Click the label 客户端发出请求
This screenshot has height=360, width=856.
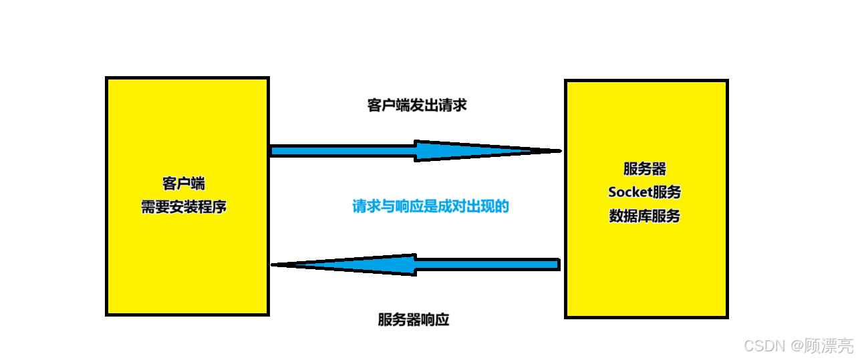coord(416,105)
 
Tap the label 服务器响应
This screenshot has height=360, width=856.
coord(413,319)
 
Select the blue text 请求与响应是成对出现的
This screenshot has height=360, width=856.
coord(430,206)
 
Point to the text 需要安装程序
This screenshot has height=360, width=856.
coord(183,206)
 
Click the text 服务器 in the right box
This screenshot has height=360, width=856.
coord(644,168)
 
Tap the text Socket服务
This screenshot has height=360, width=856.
coord(644,192)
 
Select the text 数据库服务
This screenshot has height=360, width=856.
coord(644,216)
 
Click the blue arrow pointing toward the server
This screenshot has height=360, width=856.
coord(414,151)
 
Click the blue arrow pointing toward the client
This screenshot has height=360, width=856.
coord(414,264)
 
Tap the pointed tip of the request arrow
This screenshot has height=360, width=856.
coord(556,151)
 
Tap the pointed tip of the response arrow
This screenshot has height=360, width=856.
coord(275,265)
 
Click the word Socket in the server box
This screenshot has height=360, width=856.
coord(630,192)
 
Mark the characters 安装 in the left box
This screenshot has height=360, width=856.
coord(183,206)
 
